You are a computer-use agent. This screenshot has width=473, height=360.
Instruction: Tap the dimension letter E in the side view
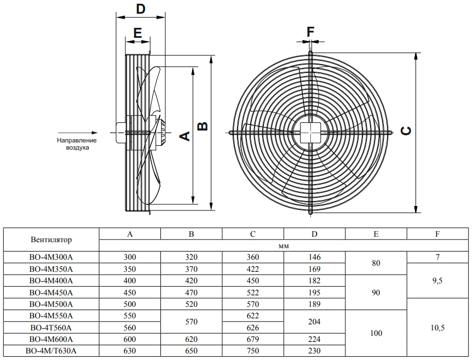tap(137, 32)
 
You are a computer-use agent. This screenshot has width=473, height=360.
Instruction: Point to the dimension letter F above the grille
tap(310, 32)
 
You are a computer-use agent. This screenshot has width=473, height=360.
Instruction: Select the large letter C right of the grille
tap(406, 131)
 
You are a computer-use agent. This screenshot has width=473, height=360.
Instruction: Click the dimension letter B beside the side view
tap(203, 126)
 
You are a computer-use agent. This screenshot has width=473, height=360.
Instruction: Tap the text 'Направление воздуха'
tap(73, 144)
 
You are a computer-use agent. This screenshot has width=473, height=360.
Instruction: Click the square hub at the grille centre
tap(310, 132)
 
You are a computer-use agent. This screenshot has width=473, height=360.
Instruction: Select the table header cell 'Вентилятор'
tap(51, 240)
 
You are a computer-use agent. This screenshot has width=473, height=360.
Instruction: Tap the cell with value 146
tap(314, 257)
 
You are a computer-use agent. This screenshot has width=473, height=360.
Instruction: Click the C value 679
tap(253, 339)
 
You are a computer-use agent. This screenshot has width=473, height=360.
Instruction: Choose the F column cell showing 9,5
tap(437, 281)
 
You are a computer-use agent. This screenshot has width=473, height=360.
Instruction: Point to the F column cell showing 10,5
tap(437, 328)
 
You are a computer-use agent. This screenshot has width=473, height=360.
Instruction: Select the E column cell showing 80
tap(376, 263)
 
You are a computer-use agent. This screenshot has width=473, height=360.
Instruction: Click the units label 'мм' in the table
tap(284, 246)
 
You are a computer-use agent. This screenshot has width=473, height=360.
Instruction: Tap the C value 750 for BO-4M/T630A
tap(253, 351)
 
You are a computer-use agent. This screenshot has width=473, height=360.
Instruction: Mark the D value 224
tap(314, 339)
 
